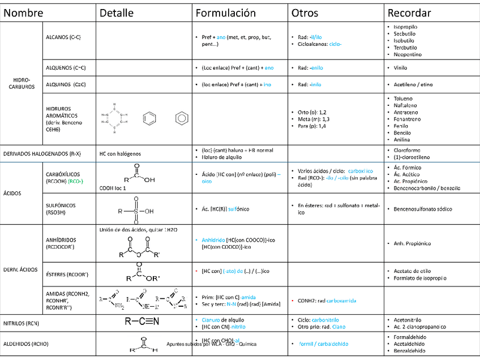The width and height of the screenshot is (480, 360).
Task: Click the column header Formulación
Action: point(225,13)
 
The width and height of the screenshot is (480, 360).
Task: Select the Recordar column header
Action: point(409,13)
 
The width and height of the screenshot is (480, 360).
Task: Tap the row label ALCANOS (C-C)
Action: point(63,37)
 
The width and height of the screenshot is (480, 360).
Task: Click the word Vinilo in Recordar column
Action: point(401,68)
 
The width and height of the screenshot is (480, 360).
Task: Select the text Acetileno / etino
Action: point(413,84)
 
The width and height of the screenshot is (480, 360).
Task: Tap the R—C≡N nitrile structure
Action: point(142,322)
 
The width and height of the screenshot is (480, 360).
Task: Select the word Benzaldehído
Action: point(410,351)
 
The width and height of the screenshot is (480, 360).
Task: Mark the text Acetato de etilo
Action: point(412,271)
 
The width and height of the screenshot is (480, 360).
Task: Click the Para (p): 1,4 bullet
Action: point(311,127)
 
